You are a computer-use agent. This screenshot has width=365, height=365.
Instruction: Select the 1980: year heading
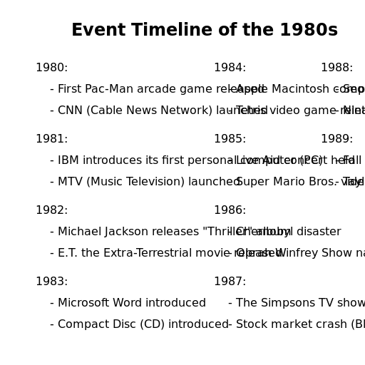click(x=51, y=68)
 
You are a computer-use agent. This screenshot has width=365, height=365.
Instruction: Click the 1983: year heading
click(x=51, y=282)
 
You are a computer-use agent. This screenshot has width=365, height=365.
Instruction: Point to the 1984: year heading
click(x=230, y=68)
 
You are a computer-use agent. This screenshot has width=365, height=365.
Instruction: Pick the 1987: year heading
click(x=230, y=282)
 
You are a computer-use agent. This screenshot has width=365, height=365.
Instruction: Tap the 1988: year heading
click(x=336, y=68)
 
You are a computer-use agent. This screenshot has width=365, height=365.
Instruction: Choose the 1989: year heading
click(x=336, y=139)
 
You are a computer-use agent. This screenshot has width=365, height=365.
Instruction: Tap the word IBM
click(x=68, y=160)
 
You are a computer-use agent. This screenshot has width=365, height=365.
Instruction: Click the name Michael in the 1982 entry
click(x=80, y=232)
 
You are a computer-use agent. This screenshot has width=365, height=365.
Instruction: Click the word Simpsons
click(x=288, y=303)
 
